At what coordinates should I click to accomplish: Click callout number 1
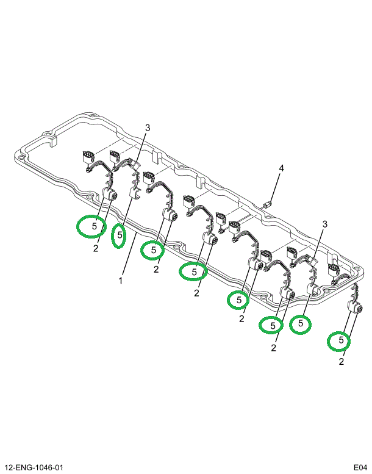point(121,281)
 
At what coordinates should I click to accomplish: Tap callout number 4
point(281,168)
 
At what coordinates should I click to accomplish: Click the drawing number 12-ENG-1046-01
point(34,467)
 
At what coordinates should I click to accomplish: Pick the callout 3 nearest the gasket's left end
point(147,127)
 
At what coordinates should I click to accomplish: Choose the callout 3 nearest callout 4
point(325,224)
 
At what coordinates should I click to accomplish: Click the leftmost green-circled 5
point(94,226)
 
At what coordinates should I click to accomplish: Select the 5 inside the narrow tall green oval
point(120,234)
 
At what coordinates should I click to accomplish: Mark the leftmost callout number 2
point(96,248)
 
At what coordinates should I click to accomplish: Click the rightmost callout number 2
point(341,362)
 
